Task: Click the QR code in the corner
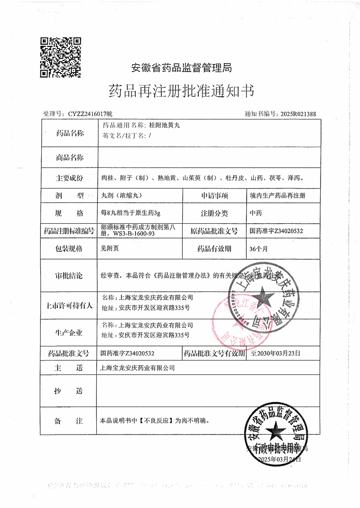[60, 57]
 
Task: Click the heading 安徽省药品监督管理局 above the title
[181, 68]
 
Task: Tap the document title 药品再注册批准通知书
[182, 91]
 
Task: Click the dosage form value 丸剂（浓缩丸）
[122, 195]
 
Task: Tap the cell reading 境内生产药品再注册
[277, 195]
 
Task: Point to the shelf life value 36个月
[258, 248]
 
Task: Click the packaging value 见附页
[109, 248]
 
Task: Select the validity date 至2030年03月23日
[275, 354]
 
